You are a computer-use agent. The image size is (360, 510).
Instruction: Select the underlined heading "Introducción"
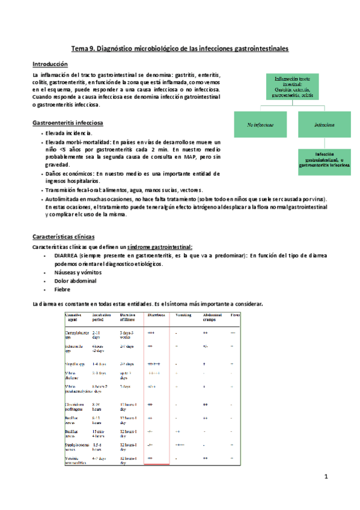tap(50, 63)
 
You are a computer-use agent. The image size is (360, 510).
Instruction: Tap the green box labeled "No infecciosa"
tap(260, 125)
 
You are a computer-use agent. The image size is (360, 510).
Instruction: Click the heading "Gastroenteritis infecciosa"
tap(67, 123)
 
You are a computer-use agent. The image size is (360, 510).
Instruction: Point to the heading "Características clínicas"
tap(64, 237)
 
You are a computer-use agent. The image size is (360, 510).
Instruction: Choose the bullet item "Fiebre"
tap(63, 289)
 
